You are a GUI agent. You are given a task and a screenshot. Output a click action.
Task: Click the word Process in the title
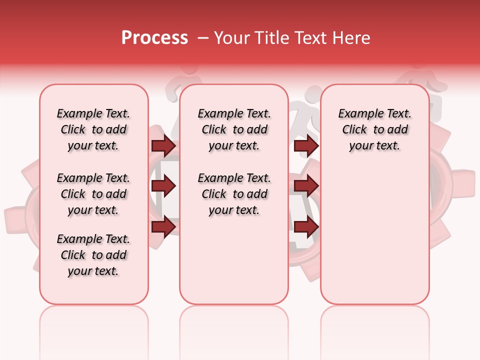(154, 38)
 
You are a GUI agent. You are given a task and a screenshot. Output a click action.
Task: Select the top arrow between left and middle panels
(163, 146)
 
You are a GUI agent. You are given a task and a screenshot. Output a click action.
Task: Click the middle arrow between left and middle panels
(163, 186)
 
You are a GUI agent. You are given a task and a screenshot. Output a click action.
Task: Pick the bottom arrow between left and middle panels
(163, 226)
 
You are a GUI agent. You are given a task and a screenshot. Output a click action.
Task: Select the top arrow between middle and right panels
(306, 146)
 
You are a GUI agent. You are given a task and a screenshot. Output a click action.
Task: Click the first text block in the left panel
(93, 129)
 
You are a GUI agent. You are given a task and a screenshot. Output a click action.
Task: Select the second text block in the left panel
(93, 194)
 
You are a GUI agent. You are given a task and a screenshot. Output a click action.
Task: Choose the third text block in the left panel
(93, 255)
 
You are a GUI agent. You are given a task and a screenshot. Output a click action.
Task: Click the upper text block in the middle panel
(234, 129)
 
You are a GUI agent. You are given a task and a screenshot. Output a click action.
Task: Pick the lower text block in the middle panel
(234, 194)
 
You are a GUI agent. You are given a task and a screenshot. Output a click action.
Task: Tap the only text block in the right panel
(375, 129)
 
